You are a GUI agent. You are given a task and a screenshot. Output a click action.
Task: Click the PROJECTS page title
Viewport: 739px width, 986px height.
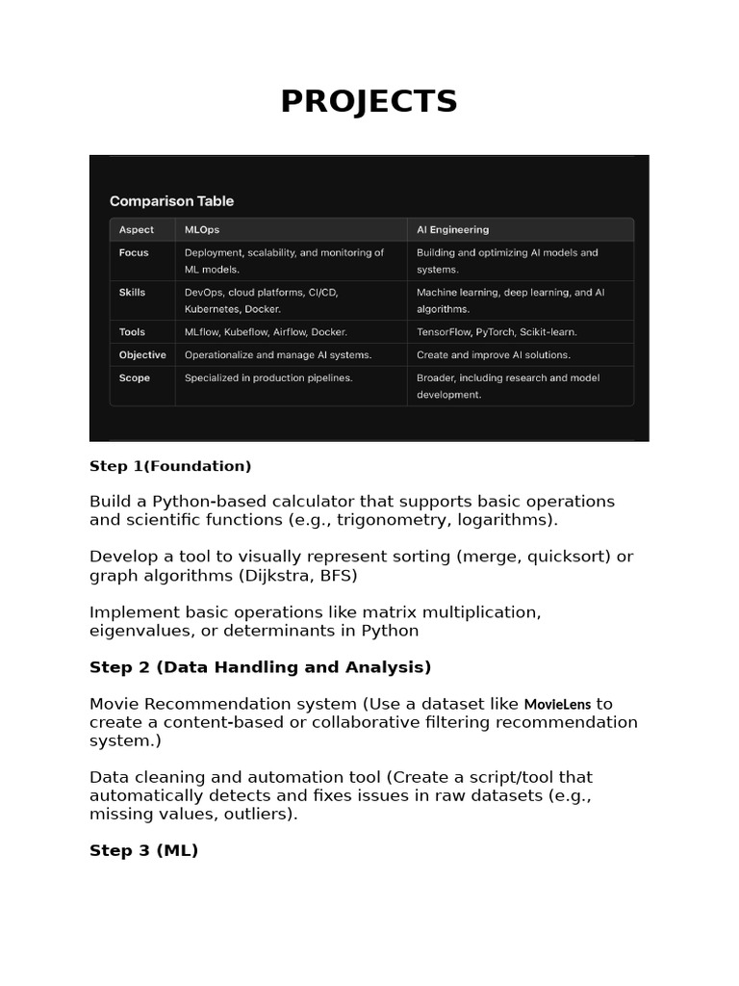pyautogui.click(x=369, y=101)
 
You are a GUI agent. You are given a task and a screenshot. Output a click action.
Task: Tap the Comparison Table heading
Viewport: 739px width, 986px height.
pyautogui.click(x=171, y=201)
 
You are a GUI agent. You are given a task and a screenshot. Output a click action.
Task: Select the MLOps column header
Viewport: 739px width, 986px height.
pyautogui.click(x=201, y=230)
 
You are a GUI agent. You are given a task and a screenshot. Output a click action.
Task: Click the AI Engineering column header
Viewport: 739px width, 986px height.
pyautogui.click(x=452, y=230)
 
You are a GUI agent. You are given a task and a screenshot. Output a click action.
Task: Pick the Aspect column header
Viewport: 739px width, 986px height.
pyautogui.click(x=136, y=230)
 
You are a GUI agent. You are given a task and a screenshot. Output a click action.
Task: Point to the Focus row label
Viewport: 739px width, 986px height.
pyautogui.click(x=134, y=252)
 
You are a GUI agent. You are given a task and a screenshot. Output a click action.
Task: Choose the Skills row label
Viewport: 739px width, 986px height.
pyautogui.click(x=133, y=292)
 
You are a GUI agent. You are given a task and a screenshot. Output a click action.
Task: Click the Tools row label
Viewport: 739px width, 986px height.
pyautogui.click(x=133, y=332)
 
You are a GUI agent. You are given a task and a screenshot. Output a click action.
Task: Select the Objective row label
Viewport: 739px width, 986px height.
pyautogui.click(x=142, y=355)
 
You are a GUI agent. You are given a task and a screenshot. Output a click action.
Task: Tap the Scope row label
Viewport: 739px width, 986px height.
pyautogui.click(x=135, y=378)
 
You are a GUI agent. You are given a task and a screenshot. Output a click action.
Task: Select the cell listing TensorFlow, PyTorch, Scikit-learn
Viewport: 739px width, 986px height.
pyautogui.click(x=497, y=332)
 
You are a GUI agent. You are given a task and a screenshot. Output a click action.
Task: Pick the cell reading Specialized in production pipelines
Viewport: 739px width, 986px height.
pyautogui.click(x=268, y=378)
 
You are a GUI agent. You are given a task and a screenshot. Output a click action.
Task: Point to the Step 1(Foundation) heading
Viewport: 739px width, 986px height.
pyautogui.click(x=170, y=466)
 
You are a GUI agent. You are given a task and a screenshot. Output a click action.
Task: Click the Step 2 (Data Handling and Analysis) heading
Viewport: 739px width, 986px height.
pyautogui.click(x=260, y=667)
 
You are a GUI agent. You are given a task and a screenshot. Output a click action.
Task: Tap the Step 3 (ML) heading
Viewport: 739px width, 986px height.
pyautogui.click(x=143, y=851)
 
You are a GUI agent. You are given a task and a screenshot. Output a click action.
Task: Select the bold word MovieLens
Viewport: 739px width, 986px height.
pyautogui.click(x=557, y=704)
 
